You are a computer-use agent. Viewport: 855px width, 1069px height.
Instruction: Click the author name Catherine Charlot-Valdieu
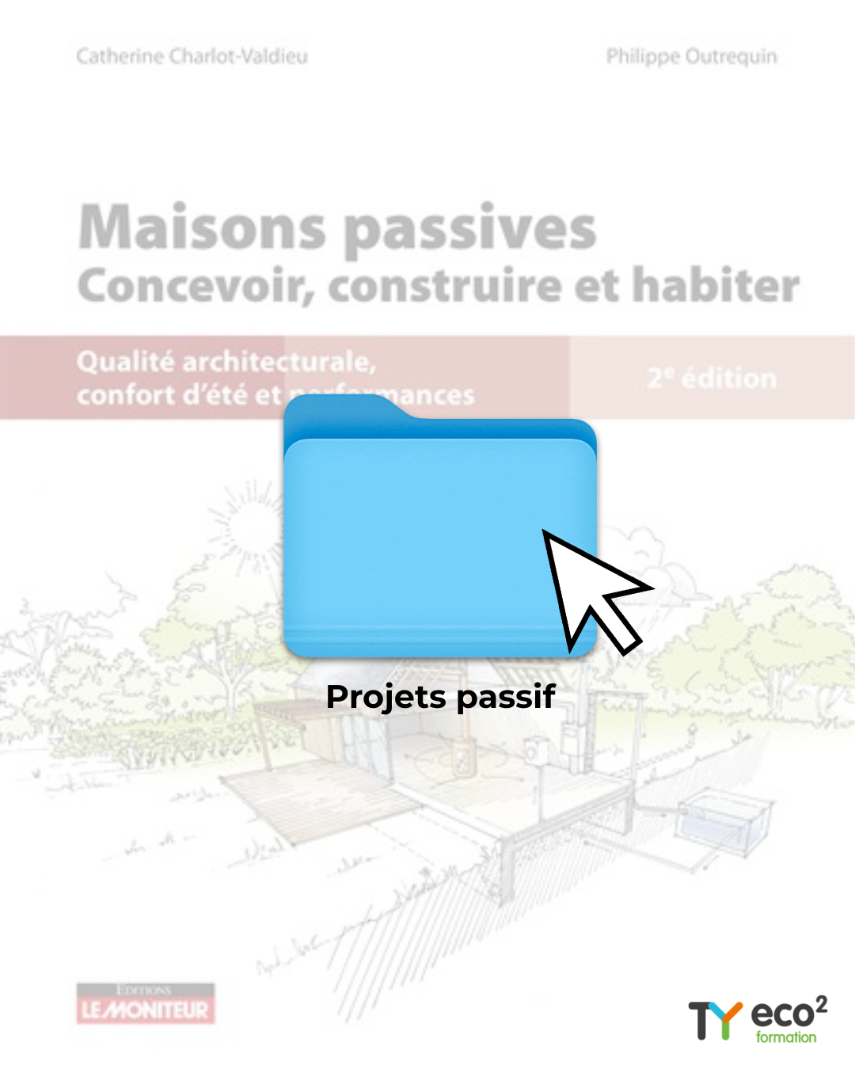click(192, 56)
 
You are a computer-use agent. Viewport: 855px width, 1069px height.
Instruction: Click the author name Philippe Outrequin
click(691, 56)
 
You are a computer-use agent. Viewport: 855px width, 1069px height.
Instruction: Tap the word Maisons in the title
click(202, 228)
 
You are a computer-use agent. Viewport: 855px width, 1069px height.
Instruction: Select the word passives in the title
click(470, 230)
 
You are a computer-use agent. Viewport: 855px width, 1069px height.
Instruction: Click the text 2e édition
click(712, 379)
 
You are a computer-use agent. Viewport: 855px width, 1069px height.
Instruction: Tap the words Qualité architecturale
click(226, 362)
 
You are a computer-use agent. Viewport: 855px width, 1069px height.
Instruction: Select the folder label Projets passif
click(440, 697)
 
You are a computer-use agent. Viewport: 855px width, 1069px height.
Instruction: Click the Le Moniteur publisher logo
click(146, 1004)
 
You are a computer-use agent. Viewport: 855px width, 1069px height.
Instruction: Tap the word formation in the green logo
click(785, 1037)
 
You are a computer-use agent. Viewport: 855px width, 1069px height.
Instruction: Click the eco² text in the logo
click(788, 1012)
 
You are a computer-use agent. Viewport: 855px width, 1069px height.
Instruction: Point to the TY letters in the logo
click(714, 1020)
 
